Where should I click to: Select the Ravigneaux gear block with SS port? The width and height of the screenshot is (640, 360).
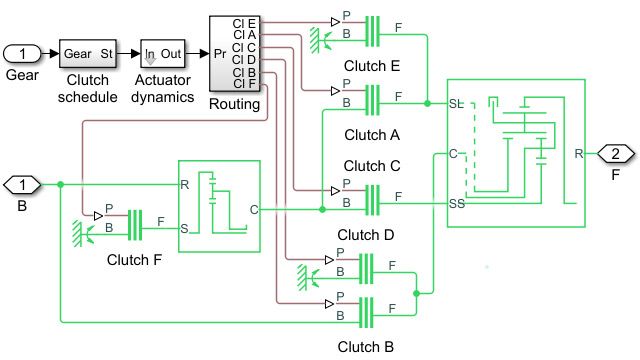tap(516, 152)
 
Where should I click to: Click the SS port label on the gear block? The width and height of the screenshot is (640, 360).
tap(458, 203)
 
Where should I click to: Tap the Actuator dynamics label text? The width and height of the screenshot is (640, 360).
tap(163, 98)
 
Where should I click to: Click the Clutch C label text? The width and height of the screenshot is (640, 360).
tap(372, 165)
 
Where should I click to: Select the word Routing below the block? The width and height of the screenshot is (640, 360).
tap(235, 102)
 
